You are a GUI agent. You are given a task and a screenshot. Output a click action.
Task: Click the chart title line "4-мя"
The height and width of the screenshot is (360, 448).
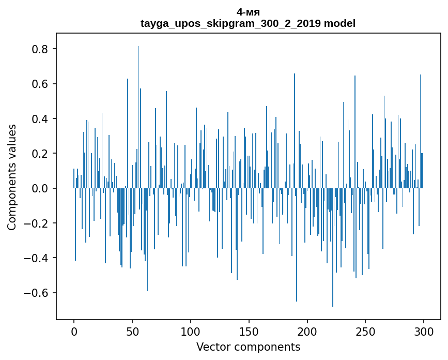click(x=248, y=12)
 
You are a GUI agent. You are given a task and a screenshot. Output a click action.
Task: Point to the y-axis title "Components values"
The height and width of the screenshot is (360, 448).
click(x=12, y=177)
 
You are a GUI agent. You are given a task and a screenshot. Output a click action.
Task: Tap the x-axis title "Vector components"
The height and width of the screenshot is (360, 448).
click(x=248, y=347)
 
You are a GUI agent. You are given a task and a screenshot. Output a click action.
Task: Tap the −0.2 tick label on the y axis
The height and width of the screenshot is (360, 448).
click(x=36, y=223)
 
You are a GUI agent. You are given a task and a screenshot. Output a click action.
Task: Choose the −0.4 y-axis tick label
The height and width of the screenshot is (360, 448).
click(x=36, y=258)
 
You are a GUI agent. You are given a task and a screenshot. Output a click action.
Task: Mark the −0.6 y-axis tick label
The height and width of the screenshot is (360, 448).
click(x=36, y=293)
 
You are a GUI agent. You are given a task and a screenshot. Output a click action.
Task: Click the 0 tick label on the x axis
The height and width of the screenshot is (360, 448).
click(x=74, y=331)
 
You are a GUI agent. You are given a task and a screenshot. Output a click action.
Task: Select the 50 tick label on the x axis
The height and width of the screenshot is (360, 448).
click(x=132, y=331)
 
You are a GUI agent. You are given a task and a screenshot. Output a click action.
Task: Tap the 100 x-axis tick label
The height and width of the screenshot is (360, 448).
click(x=191, y=331)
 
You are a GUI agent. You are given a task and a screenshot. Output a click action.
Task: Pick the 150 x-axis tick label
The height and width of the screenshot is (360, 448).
click(x=249, y=331)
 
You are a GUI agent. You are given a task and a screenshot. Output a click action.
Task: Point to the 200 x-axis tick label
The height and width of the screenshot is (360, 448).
click(x=307, y=331)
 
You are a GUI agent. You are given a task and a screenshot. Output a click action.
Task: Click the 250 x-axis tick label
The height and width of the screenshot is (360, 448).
click(x=365, y=331)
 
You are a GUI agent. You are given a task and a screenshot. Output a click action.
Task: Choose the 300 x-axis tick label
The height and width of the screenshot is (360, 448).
click(x=424, y=331)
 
